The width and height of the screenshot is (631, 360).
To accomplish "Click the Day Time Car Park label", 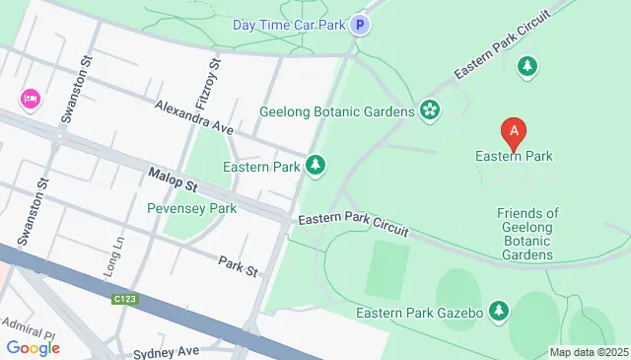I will [x=289, y=25].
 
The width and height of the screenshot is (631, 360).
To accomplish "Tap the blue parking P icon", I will [x=362, y=25].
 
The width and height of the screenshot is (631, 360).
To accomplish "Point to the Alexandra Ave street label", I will [x=192, y=116].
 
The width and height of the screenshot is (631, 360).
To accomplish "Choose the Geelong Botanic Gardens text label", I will [x=336, y=111].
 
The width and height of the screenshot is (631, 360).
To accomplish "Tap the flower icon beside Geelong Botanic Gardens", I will [x=429, y=109].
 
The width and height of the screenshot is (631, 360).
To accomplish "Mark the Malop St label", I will [x=174, y=180].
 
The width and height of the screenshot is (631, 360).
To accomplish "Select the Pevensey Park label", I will [x=191, y=209].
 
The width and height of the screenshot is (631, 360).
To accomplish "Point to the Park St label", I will [x=238, y=264].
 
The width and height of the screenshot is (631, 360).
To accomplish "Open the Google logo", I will [x=33, y=347].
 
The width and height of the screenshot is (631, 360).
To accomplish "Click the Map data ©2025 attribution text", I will [x=588, y=352].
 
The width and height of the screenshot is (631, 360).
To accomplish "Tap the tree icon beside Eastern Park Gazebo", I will [x=499, y=312].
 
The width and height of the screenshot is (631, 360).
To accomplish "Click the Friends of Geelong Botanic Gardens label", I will [x=527, y=234].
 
